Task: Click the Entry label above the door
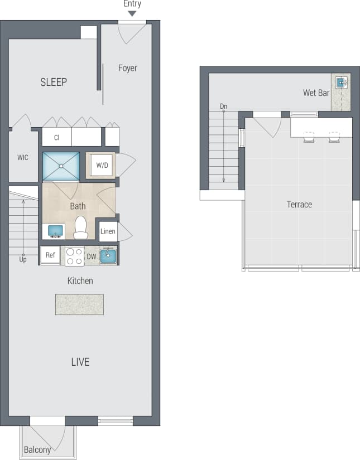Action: (x=132, y=4)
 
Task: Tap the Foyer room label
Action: (x=127, y=68)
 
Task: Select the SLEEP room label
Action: (x=54, y=82)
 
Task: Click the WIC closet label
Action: (x=23, y=157)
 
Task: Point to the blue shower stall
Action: (x=61, y=166)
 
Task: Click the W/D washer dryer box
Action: (x=102, y=166)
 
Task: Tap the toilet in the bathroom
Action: (x=81, y=227)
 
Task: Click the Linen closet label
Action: (x=108, y=231)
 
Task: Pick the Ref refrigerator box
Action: (x=50, y=256)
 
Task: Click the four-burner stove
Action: (x=74, y=256)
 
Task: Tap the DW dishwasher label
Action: (x=92, y=256)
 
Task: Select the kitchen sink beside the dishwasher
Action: (x=109, y=255)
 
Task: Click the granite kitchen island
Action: (x=79, y=304)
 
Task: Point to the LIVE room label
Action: (x=80, y=362)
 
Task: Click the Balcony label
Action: (x=37, y=449)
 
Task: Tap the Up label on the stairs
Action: (x=23, y=260)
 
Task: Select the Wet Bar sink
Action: (x=340, y=83)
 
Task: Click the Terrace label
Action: (x=299, y=205)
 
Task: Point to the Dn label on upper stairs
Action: (x=223, y=106)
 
